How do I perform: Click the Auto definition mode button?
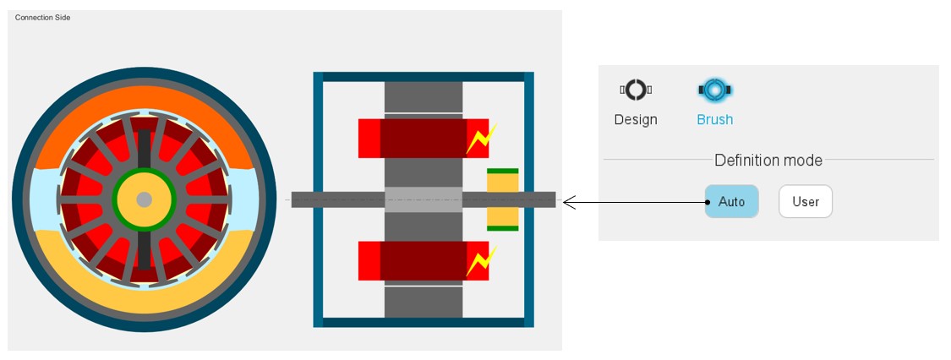pos(731,202)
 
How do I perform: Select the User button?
pos(806,202)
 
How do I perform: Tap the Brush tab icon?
pos(714,90)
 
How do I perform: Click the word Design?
pos(636,120)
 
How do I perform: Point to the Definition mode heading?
pos(768,160)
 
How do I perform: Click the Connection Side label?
pos(42,18)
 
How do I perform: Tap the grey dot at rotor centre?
pos(144,199)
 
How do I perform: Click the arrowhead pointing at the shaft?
pos(568,202)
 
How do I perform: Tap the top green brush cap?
pos(503,172)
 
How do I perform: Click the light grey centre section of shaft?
pos(424,199)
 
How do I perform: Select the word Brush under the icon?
pos(714,120)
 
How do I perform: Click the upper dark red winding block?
pos(423,138)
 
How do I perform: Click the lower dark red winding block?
pos(423,260)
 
